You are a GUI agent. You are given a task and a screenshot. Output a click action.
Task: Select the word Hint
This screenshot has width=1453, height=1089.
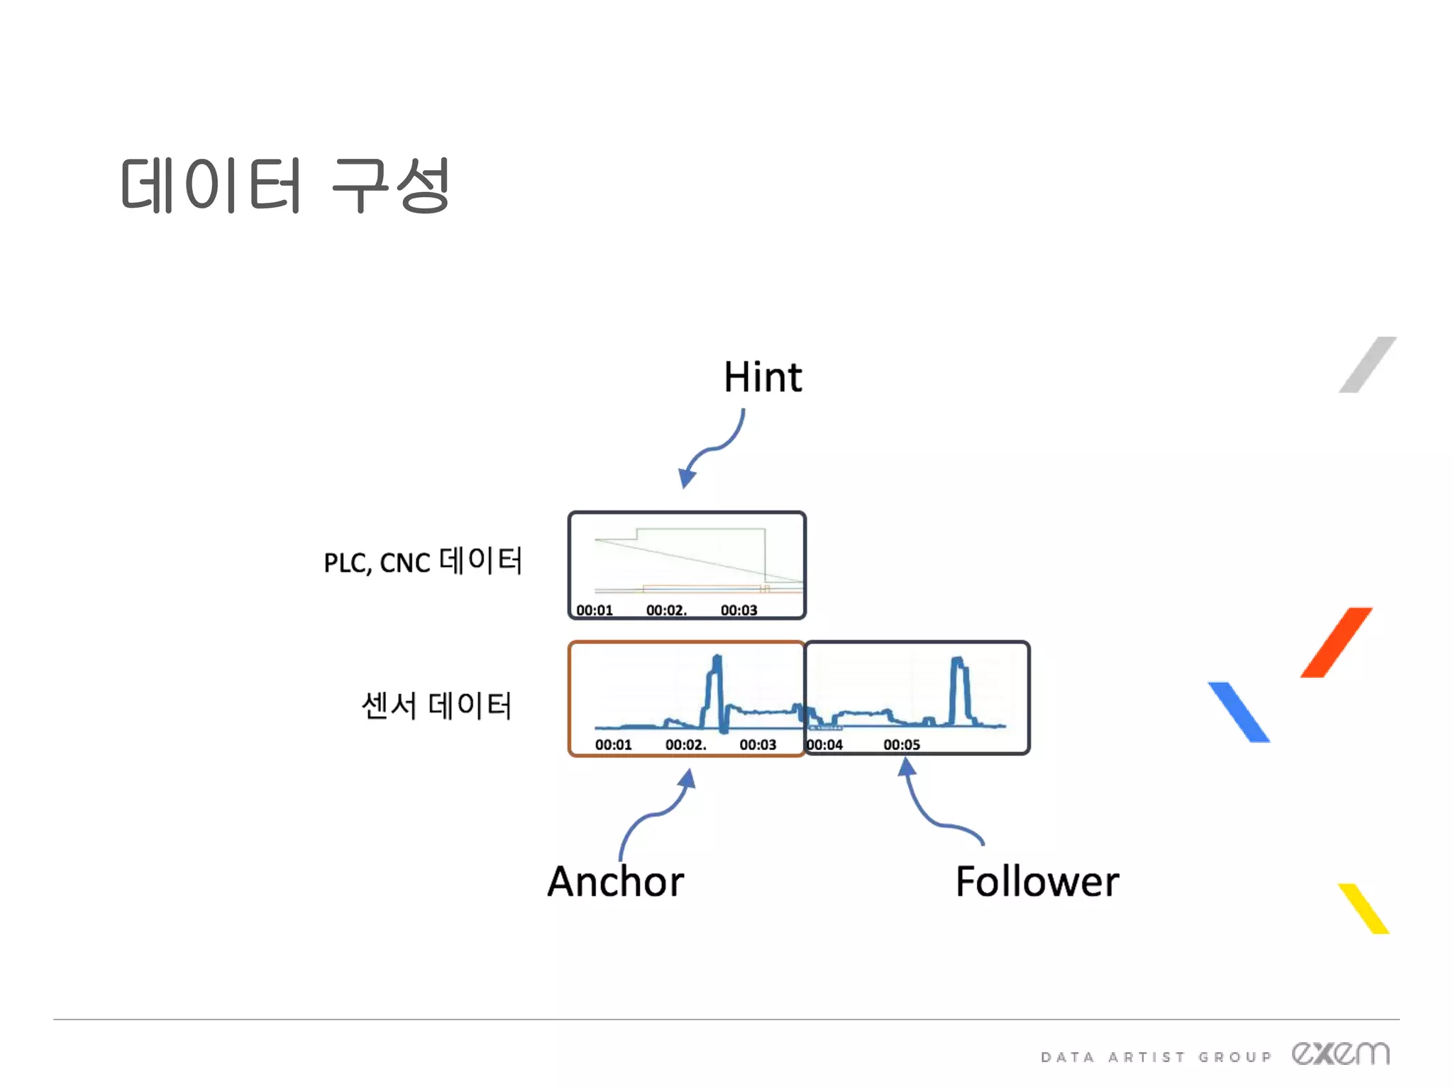tap(763, 376)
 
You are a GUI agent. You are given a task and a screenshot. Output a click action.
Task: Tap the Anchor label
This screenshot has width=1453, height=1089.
tap(616, 881)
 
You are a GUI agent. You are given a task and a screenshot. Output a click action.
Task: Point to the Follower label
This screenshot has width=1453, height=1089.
tap(1037, 881)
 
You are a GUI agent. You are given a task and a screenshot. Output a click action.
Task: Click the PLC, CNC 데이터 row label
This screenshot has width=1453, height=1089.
tap(423, 561)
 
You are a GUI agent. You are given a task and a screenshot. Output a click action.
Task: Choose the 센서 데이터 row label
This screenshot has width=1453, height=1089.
tap(436, 705)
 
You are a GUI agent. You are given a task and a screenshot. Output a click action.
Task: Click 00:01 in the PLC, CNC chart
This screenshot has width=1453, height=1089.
tap(595, 610)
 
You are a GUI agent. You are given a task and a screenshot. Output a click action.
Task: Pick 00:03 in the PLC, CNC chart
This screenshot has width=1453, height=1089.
tap(739, 610)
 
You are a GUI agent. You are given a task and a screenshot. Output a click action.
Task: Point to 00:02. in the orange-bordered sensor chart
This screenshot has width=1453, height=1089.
tap(685, 744)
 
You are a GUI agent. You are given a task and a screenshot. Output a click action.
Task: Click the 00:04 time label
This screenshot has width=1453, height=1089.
tap(824, 744)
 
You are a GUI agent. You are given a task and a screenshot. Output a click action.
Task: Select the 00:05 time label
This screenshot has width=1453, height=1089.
tap(902, 744)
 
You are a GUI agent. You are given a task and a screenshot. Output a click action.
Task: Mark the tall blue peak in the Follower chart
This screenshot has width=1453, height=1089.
tap(959, 688)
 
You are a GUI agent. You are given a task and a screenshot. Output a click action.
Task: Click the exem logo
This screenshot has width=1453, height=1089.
tap(1340, 1054)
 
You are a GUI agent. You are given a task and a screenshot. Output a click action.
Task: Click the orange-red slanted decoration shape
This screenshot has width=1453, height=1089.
tap(1336, 642)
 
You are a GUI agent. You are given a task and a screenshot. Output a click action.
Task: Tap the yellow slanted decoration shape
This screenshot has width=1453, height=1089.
tap(1364, 908)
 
